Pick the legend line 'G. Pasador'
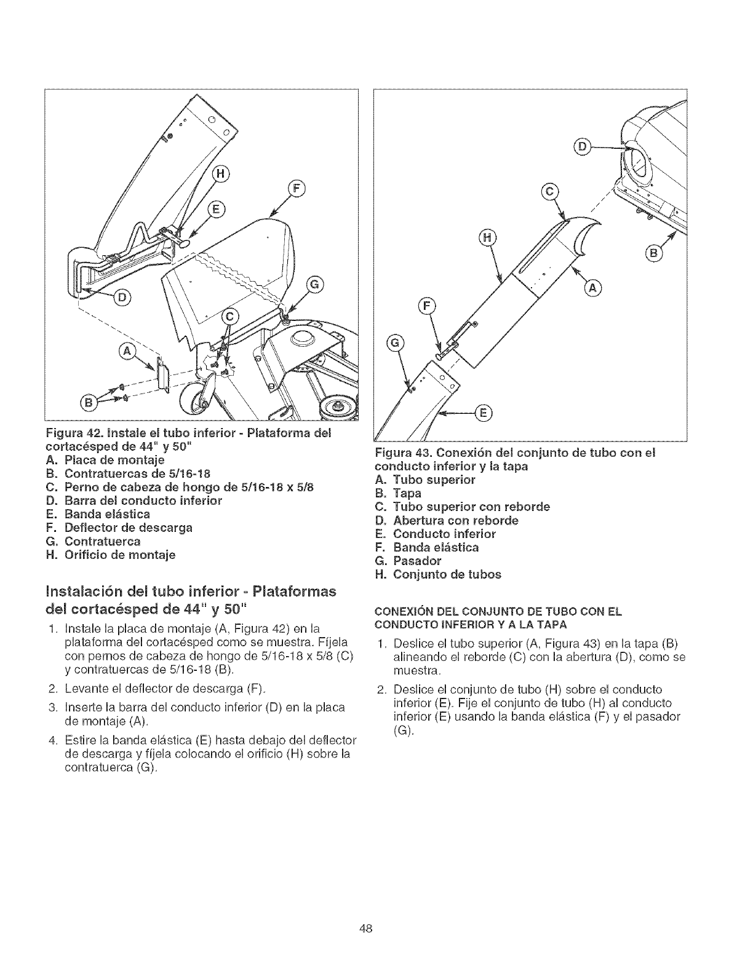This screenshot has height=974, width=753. pos(408,561)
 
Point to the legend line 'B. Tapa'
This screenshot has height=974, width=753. pos(398,493)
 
